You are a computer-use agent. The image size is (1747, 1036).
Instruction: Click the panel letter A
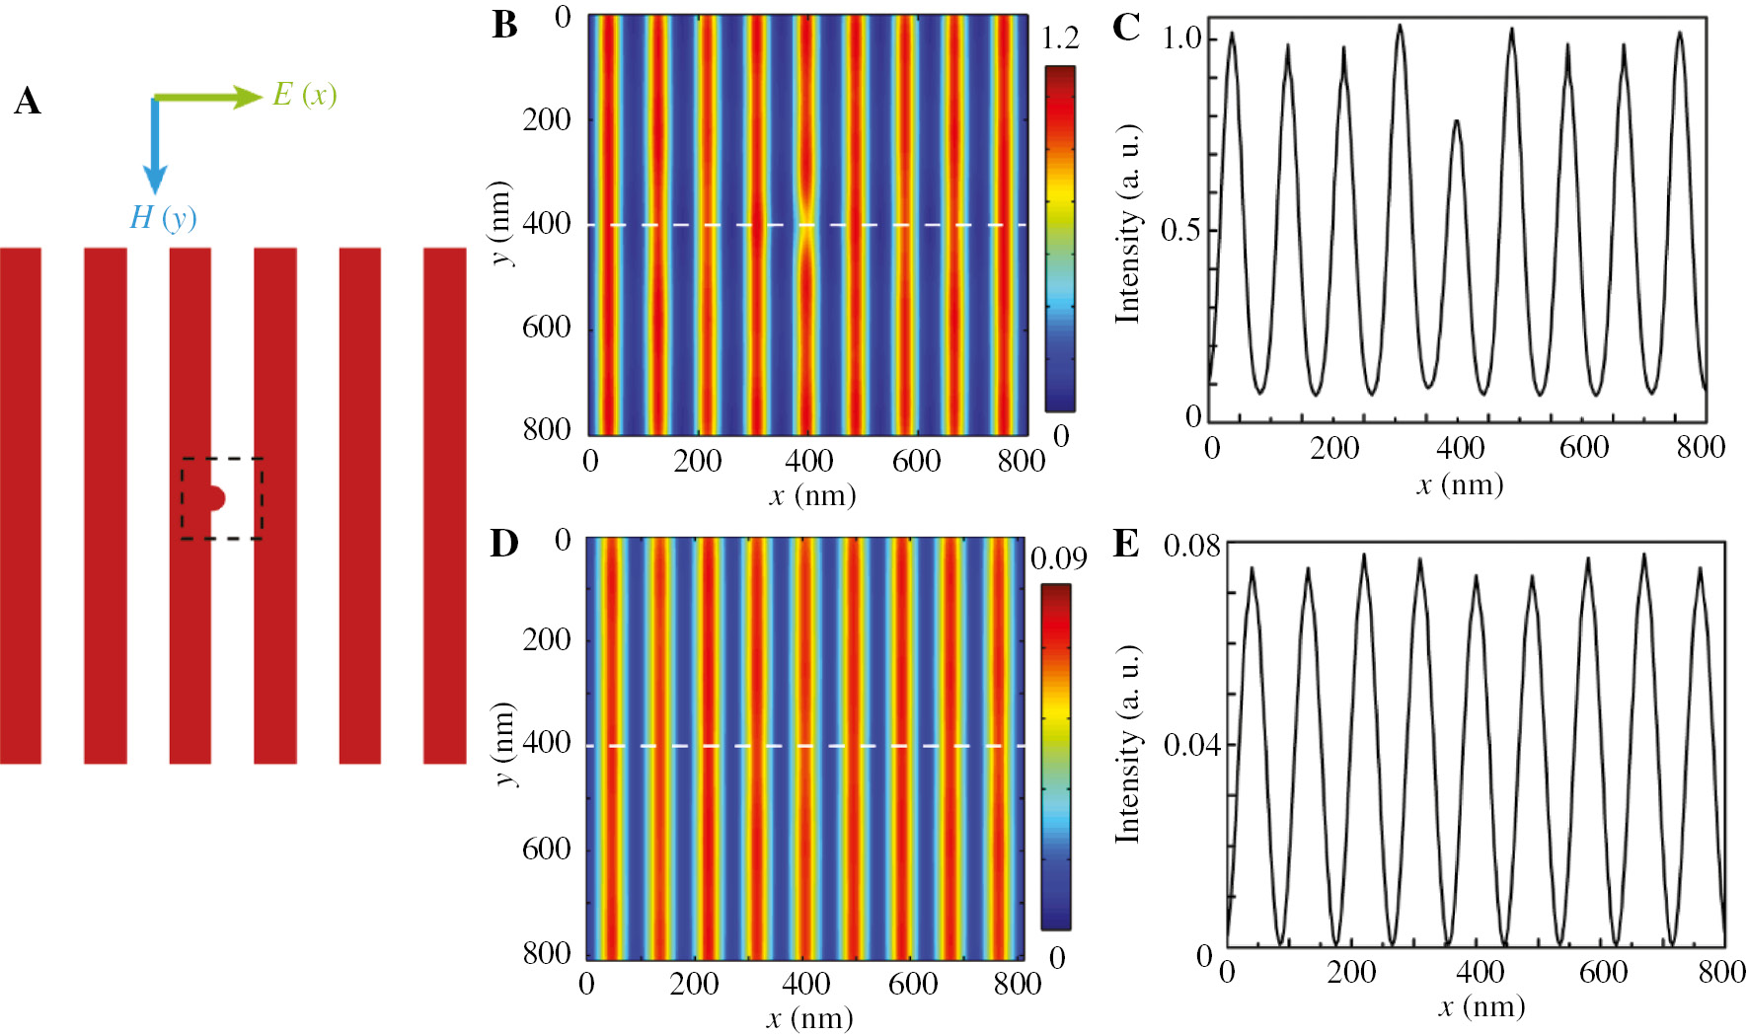pos(28,102)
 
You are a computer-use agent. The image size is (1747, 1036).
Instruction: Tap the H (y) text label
pos(163,217)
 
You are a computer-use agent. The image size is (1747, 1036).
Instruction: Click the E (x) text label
pos(305,95)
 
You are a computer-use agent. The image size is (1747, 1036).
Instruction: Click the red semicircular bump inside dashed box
pos(216,498)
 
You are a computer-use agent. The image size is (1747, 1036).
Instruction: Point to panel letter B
pos(504,26)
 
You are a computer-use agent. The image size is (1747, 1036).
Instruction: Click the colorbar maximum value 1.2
pos(1060,38)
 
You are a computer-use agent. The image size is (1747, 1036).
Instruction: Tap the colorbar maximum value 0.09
pos(1058,558)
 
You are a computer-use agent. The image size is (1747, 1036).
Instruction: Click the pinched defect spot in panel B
pos(807,225)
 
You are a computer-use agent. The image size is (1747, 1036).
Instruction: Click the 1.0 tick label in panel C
pos(1181,38)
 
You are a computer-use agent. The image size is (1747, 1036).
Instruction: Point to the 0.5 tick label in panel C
pos(1181,230)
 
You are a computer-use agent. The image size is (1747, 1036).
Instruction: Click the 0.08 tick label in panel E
pos(1191,546)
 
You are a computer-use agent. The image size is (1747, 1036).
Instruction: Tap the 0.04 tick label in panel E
pos(1191,744)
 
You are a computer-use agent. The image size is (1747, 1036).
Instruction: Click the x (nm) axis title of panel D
pos(810,1018)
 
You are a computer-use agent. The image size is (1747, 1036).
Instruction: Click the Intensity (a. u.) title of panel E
pos(1126,745)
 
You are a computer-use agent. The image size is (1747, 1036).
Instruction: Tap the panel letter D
pos(504,544)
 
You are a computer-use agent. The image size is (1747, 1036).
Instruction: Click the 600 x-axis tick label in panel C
pos(1584,448)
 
